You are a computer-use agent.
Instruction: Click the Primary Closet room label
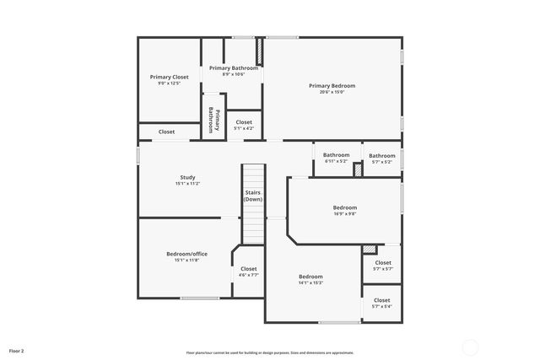coord(170,77)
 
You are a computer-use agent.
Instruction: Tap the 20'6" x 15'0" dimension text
coord(332,92)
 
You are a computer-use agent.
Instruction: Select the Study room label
coord(187,177)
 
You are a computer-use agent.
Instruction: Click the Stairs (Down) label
coord(253,196)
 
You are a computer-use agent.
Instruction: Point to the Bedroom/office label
coord(186,254)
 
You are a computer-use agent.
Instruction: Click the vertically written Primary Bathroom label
coord(213,121)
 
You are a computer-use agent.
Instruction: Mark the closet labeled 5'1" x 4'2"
coord(244,126)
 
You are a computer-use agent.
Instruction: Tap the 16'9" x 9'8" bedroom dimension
coord(344,214)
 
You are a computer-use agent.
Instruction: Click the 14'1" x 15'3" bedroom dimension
coord(310,282)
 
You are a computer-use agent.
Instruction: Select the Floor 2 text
coord(17,350)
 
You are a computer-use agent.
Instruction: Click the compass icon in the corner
coord(471,347)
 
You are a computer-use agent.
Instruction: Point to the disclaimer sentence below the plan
coord(270,352)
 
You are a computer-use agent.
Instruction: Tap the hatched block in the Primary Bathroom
coord(260,52)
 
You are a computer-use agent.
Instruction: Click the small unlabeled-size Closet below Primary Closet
coord(167,132)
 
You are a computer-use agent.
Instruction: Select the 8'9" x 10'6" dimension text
coord(234,74)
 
